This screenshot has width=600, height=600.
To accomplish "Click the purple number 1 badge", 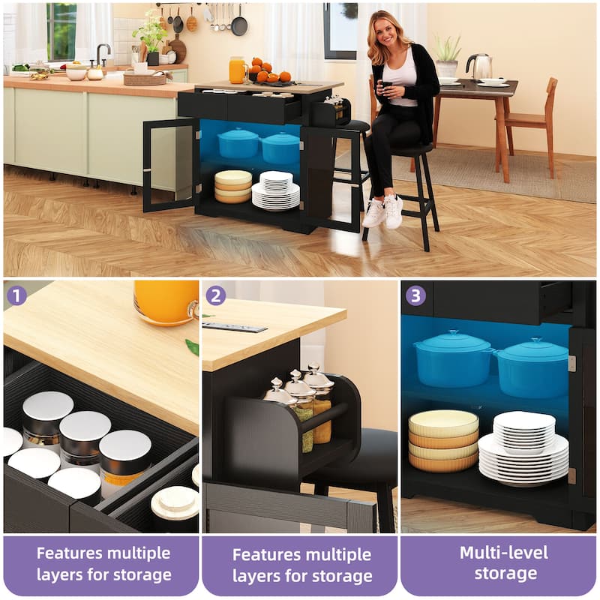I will pos(16,295).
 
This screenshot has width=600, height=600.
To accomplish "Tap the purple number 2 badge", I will pos(215,295).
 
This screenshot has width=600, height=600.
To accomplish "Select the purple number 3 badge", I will pos(415,295).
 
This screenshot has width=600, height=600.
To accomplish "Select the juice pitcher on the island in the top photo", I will pos(238,70).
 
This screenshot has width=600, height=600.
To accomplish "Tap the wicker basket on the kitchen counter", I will pos(144,79).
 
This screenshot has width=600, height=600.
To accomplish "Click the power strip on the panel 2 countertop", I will pos(234,327).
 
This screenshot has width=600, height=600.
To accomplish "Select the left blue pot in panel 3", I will pos(451,356).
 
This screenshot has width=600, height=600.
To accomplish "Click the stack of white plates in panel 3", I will pos(523,448).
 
